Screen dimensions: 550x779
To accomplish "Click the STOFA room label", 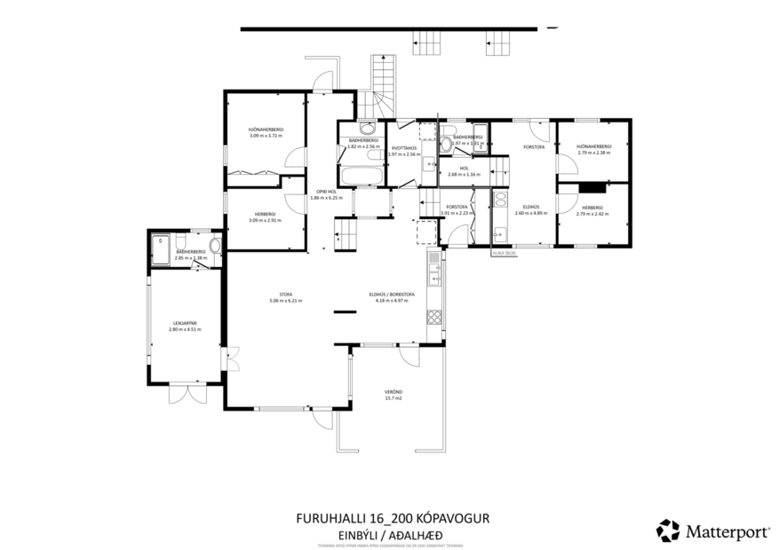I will coord(285,294).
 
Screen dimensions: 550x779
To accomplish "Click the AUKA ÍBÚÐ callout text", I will coord(504,255).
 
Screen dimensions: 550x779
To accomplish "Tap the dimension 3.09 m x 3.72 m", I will coord(265,136).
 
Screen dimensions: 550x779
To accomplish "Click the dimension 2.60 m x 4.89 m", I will coord(530,213).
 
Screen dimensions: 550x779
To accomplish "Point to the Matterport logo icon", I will coord(667,530).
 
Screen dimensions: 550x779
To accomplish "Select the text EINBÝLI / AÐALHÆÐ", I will coord(390,534).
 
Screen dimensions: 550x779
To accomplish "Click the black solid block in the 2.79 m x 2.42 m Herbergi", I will coord(591,187).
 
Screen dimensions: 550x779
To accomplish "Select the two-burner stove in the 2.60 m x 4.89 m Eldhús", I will coord(498,200).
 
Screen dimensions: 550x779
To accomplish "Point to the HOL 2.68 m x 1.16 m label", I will coord(464,170).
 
